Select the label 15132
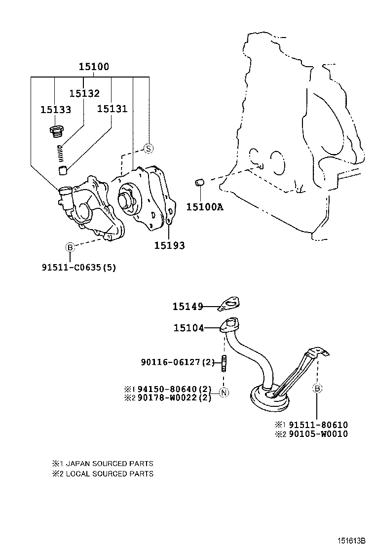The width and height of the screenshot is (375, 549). [x=84, y=93]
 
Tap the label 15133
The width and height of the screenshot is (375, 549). [x=56, y=110]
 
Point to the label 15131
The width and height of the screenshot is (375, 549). [x=112, y=109]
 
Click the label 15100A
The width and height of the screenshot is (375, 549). [x=205, y=207]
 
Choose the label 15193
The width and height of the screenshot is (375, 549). [x=169, y=245]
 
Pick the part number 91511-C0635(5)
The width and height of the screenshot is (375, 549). [x=79, y=267]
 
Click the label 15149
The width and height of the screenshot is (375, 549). [x=187, y=307]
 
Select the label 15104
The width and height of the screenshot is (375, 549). [x=188, y=327]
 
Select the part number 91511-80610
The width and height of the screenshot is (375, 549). [x=318, y=425]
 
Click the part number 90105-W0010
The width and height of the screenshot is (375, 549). [x=318, y=434]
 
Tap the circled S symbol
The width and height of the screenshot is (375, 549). [x=149, y=148]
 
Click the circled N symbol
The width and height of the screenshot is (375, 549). [x=224, y=393]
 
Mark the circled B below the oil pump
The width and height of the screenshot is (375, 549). [x=70, y=247]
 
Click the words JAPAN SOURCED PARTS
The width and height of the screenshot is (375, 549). [x=109, y=464]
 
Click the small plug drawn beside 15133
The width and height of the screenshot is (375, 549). [x=57, y=131]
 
